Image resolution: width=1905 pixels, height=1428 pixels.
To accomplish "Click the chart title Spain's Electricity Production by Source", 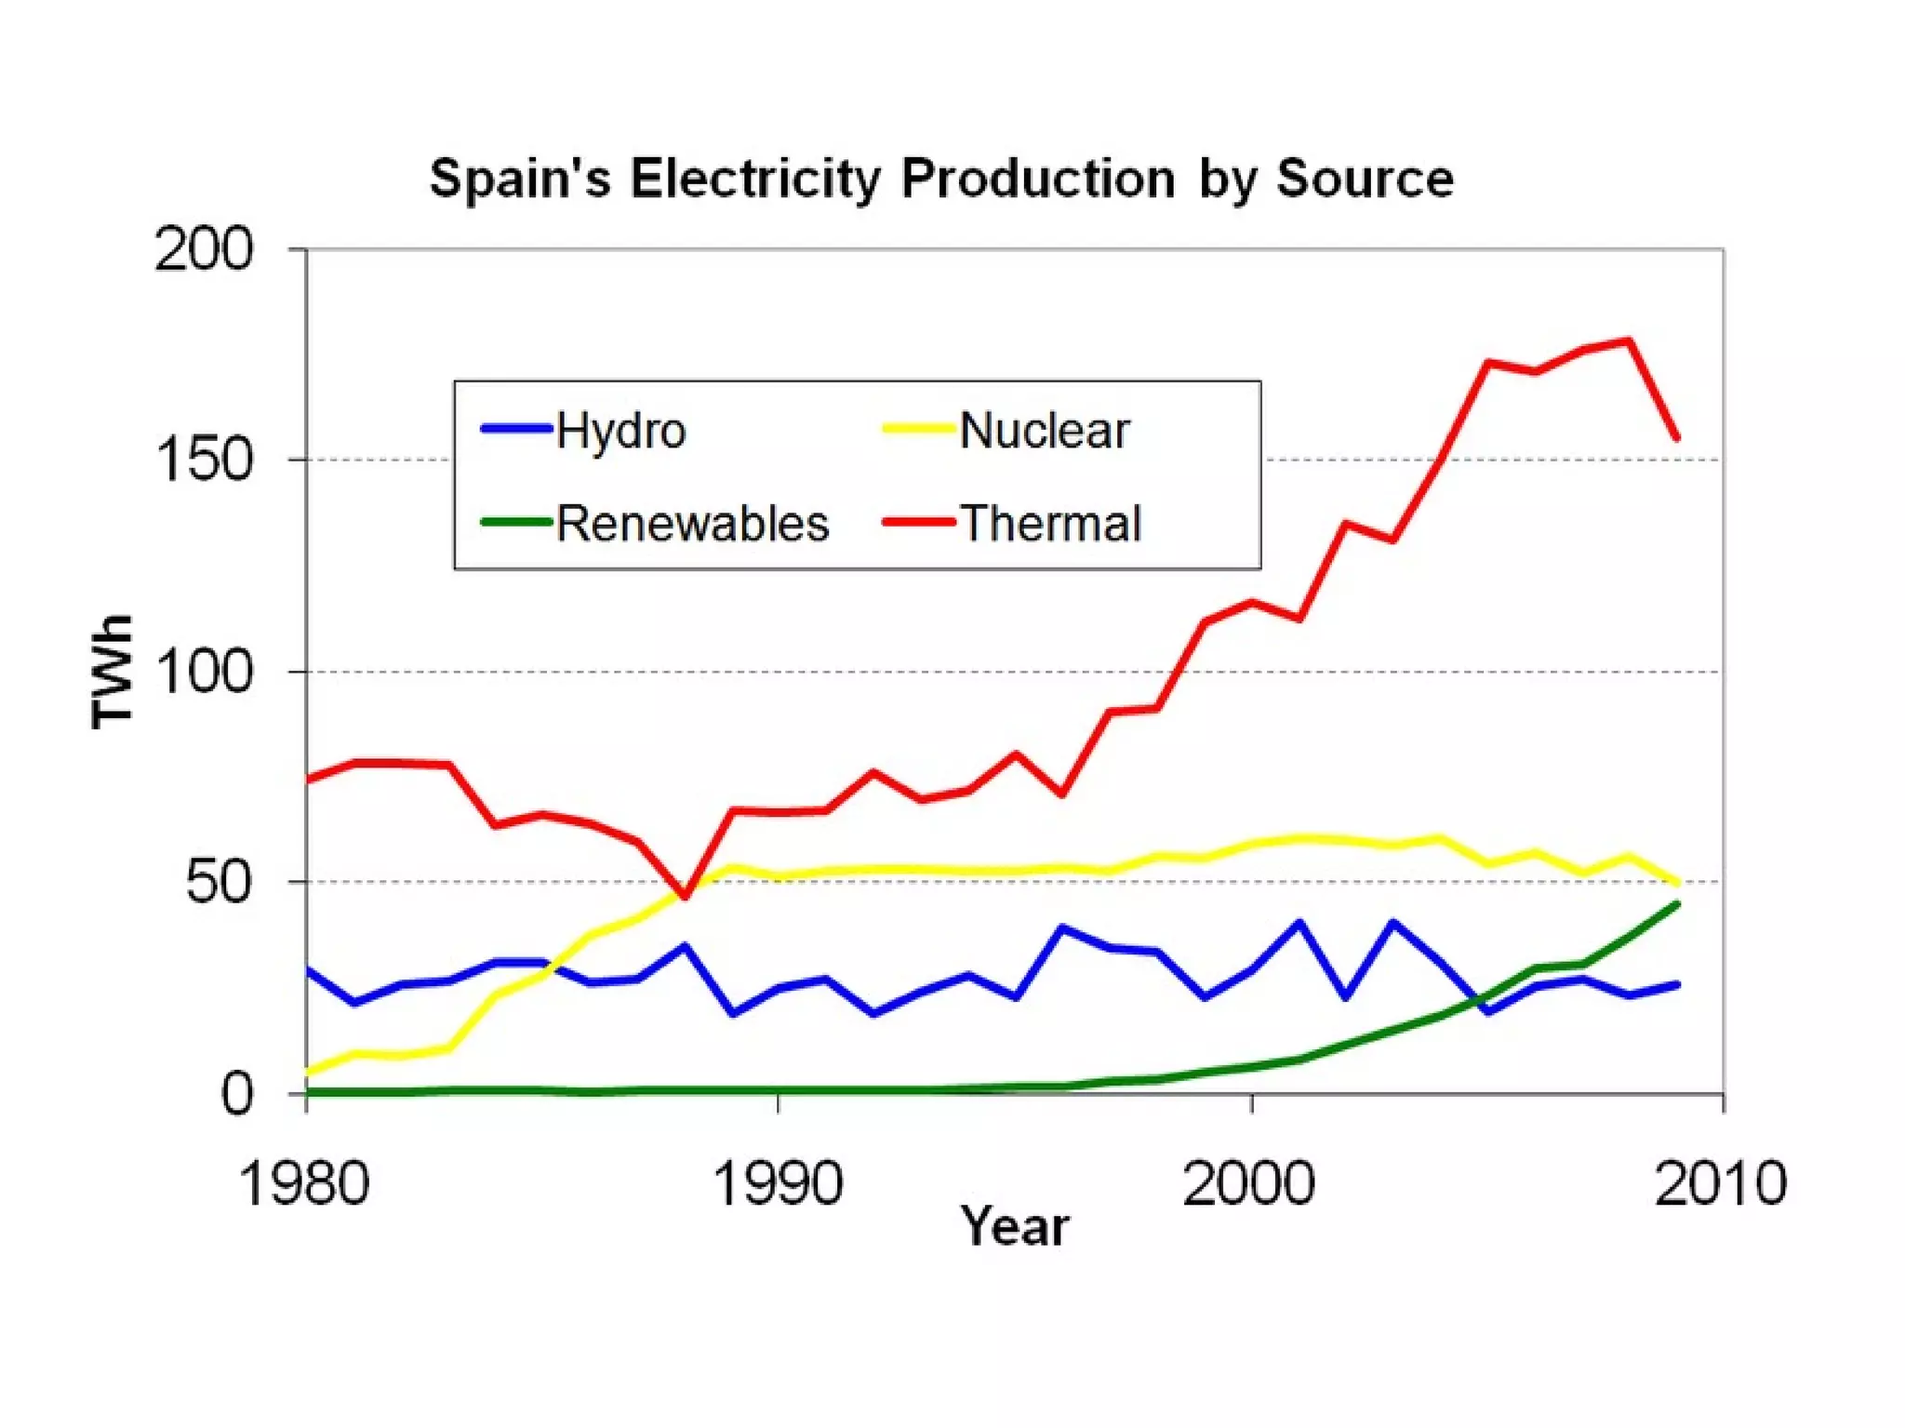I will click(941, 178).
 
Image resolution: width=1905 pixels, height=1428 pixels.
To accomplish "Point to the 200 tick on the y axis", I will click(204, 249).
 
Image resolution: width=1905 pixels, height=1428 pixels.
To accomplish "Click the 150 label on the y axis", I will click(204, 460).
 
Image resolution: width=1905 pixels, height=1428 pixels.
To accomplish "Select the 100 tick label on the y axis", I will click(204, 671).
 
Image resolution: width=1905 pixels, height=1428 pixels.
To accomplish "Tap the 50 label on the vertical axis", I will click(219, 882).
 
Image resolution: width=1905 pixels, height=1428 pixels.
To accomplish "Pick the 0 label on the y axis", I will click(236, 1094).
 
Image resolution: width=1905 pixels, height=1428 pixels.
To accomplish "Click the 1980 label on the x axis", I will click(304, 1183).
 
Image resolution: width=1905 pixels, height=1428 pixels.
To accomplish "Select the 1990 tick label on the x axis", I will click(778, 1183).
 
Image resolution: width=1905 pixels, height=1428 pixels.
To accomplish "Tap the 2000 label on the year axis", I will click(1249, 1183).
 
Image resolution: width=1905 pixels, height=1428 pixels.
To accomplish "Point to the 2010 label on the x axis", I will click(1721, 1183).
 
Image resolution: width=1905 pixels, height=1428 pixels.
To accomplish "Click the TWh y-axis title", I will click(112, 671).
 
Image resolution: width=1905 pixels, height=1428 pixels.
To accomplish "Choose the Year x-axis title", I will click(1015, 1226).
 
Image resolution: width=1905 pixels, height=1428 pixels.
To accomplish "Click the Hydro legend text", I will click(620, 431).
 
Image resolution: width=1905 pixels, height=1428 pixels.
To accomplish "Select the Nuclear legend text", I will click(1045, 431).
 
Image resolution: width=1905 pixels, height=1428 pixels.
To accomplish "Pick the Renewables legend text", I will click(693, 523).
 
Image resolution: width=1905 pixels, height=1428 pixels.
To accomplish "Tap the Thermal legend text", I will click(1050, 523).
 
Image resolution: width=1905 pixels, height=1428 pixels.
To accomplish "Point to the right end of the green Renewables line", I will click(1677, 903).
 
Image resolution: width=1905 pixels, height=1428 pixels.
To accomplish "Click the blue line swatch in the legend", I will click(517, 429).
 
